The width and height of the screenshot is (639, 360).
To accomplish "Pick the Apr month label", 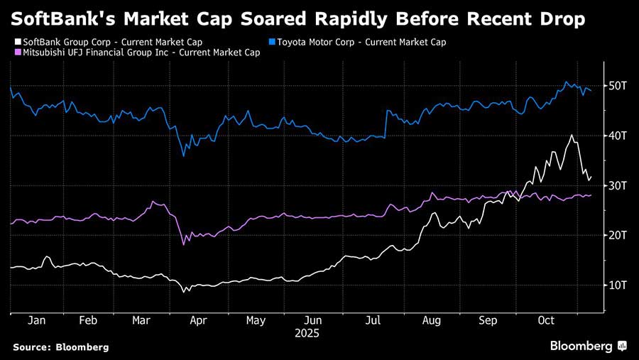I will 198,321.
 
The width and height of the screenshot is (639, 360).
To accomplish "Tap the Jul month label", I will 373,321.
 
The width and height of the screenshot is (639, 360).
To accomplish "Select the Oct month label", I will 545,321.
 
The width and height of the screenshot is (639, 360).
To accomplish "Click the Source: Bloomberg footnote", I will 60,347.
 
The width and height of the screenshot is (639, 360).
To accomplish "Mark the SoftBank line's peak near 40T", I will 572,135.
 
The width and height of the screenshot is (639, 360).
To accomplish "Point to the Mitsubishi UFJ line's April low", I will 184,244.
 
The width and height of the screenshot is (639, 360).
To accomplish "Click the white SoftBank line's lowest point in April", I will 184,292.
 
